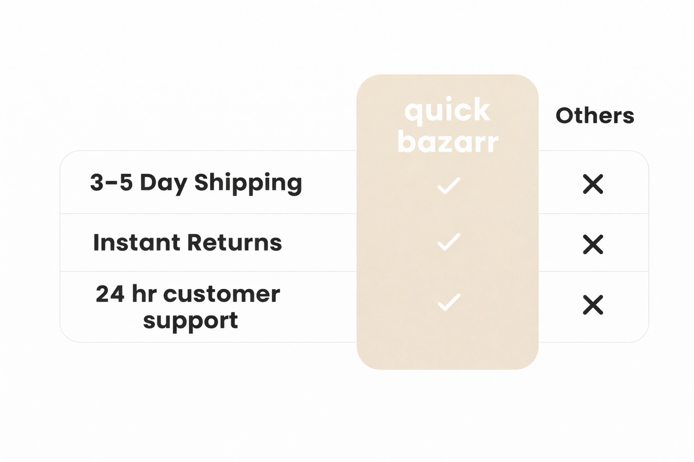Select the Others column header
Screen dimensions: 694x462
[x=595, y=116]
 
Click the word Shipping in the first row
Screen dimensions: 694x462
[x=248, y=183]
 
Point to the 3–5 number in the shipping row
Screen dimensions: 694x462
[x=112, y=182]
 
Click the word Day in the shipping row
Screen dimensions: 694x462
[x=163, y=183]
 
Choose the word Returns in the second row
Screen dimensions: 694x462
[x=235, y=242]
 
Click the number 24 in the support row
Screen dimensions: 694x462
[x=110, y=294]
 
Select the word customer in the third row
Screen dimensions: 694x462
[x=222, y=294]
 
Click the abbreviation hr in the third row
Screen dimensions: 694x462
[x=144, y=293]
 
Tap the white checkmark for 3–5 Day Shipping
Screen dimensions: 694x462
[x=449, y=186]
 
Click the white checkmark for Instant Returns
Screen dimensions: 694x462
[x=449, y=242]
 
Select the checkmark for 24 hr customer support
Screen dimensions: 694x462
[x=449, y=302]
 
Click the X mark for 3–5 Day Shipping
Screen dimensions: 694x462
[x=593, y=184]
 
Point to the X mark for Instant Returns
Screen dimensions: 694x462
[x=593, y=244]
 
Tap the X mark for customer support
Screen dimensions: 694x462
[x=593, y=305]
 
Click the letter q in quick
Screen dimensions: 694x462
[x=414, y=114]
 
